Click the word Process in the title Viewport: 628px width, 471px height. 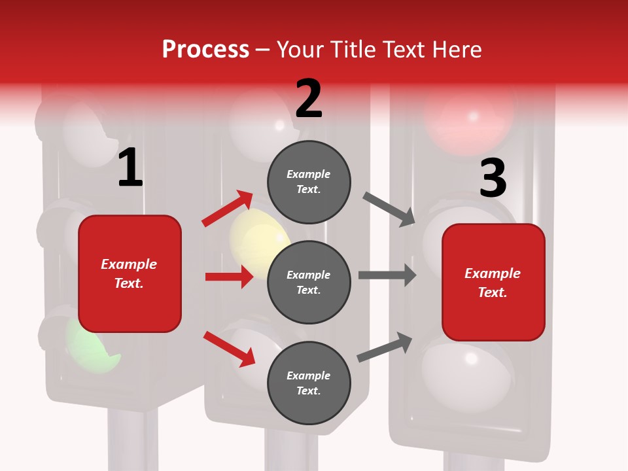(205, 50)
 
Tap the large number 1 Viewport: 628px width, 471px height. (130, 168)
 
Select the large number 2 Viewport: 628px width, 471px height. (309, 99)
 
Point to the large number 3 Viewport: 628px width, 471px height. (493, 179)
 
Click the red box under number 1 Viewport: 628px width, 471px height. (130, 273)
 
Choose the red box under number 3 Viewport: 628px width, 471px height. (493, 282)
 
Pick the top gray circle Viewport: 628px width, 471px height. (309, 182)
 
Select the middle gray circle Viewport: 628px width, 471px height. (309, 282)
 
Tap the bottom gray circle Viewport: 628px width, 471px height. (309, 383)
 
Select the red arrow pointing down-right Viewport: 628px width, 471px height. (229, 349)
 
